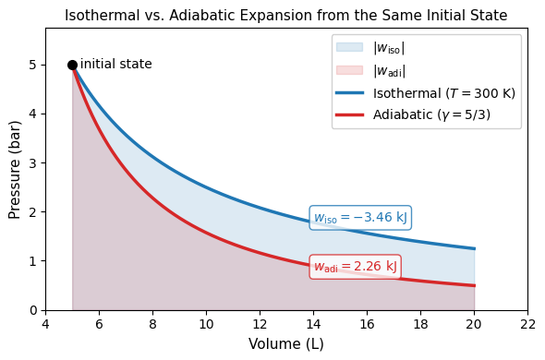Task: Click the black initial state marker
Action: coord(72,65)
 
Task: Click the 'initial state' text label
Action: coord(116,65)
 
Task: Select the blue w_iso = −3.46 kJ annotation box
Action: coord(360,218)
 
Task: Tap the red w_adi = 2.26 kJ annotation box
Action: coord(356,267)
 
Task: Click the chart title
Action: coord(286,16)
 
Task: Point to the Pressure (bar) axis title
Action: coord(15,170)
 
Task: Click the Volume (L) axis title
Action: coord(286,344)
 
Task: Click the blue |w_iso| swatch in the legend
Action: coord(350,47)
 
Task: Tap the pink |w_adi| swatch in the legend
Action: coord(350,70)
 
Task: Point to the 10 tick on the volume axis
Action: coord(207,324)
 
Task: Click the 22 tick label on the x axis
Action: coord(528,324)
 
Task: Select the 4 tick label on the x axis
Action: coord(45,324)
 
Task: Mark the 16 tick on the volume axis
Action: coord(367,324)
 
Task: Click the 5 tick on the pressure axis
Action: coord(32,65)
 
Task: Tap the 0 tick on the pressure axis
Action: coord(32,310)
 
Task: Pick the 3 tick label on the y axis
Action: coord(32,163)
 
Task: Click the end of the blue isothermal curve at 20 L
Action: coord(475,249)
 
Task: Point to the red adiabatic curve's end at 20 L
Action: coord(475,285)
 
